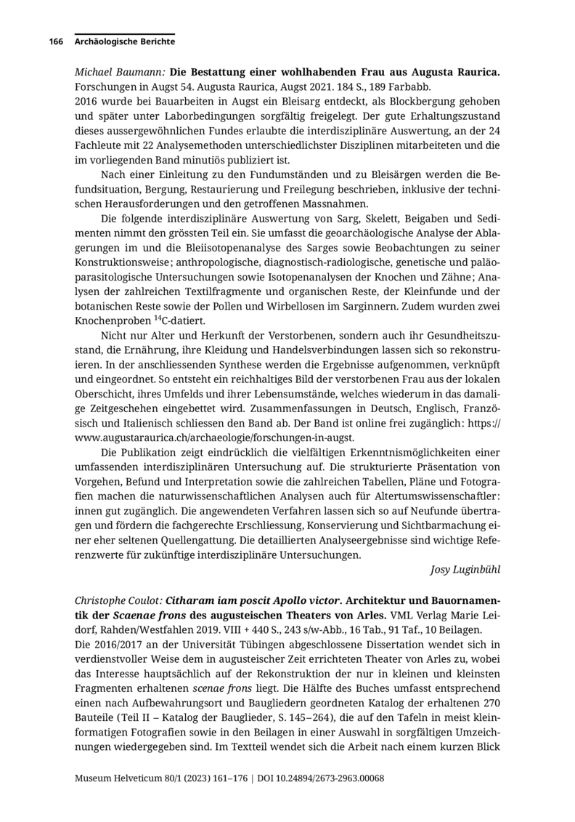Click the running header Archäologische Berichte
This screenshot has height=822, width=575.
124,42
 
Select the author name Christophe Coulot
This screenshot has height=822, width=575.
118,602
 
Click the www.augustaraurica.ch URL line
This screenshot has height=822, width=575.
214,438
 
